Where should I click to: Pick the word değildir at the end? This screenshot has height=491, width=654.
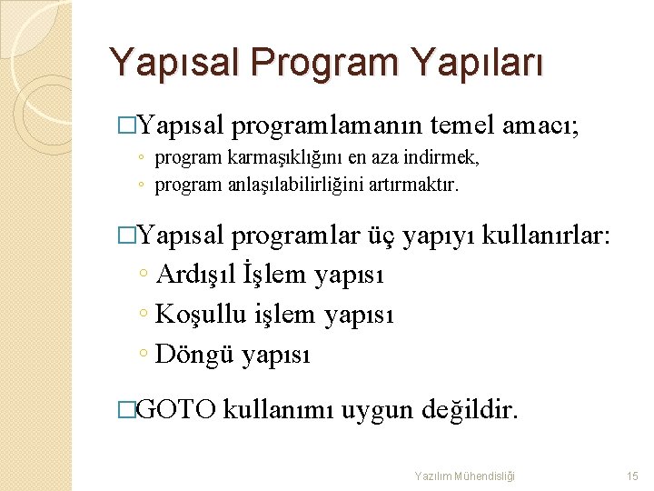click(x=471, y=411)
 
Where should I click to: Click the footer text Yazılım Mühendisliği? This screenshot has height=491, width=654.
click(x=464, y=476)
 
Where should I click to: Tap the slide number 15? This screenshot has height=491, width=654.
click(x=632, y=476)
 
